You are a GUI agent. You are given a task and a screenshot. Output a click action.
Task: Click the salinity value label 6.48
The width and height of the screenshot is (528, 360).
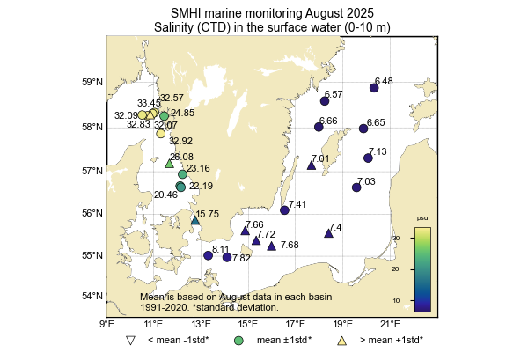[x=383, y=81]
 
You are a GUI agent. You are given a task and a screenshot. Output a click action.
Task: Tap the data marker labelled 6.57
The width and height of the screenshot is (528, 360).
[x=325, y=101]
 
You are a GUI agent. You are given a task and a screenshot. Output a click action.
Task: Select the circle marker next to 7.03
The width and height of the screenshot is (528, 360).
[x=356, y=187]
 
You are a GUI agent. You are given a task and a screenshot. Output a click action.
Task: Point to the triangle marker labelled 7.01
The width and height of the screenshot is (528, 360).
[x=312, y=165]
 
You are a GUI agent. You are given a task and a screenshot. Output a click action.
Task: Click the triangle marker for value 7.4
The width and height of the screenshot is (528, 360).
[x=328, y=233]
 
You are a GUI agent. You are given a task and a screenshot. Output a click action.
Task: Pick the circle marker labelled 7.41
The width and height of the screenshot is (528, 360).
[x=284, y=210]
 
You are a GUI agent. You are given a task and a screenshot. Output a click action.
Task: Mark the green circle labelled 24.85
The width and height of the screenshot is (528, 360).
[x=164, y=116]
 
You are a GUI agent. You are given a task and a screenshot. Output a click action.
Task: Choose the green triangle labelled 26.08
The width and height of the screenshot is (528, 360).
[x=169, y=163]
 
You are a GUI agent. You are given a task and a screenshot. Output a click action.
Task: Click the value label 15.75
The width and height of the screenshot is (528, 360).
[x=208, y=214]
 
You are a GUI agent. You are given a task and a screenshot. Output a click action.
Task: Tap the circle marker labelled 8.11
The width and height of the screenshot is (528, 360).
[x=209, y=256]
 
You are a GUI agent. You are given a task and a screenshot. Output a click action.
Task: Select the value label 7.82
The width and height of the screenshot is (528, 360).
[x=241, y=258]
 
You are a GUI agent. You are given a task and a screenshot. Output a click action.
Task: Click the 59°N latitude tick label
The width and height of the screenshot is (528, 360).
[x=93, y=83]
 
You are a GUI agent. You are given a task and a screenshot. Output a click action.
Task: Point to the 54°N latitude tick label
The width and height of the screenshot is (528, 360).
[x=93, y=296]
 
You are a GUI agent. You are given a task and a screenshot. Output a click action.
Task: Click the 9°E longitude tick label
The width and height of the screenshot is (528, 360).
[x=107, y=324]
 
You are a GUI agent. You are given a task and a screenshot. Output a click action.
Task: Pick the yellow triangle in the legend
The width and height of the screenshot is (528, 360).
[x=342, y=340]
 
